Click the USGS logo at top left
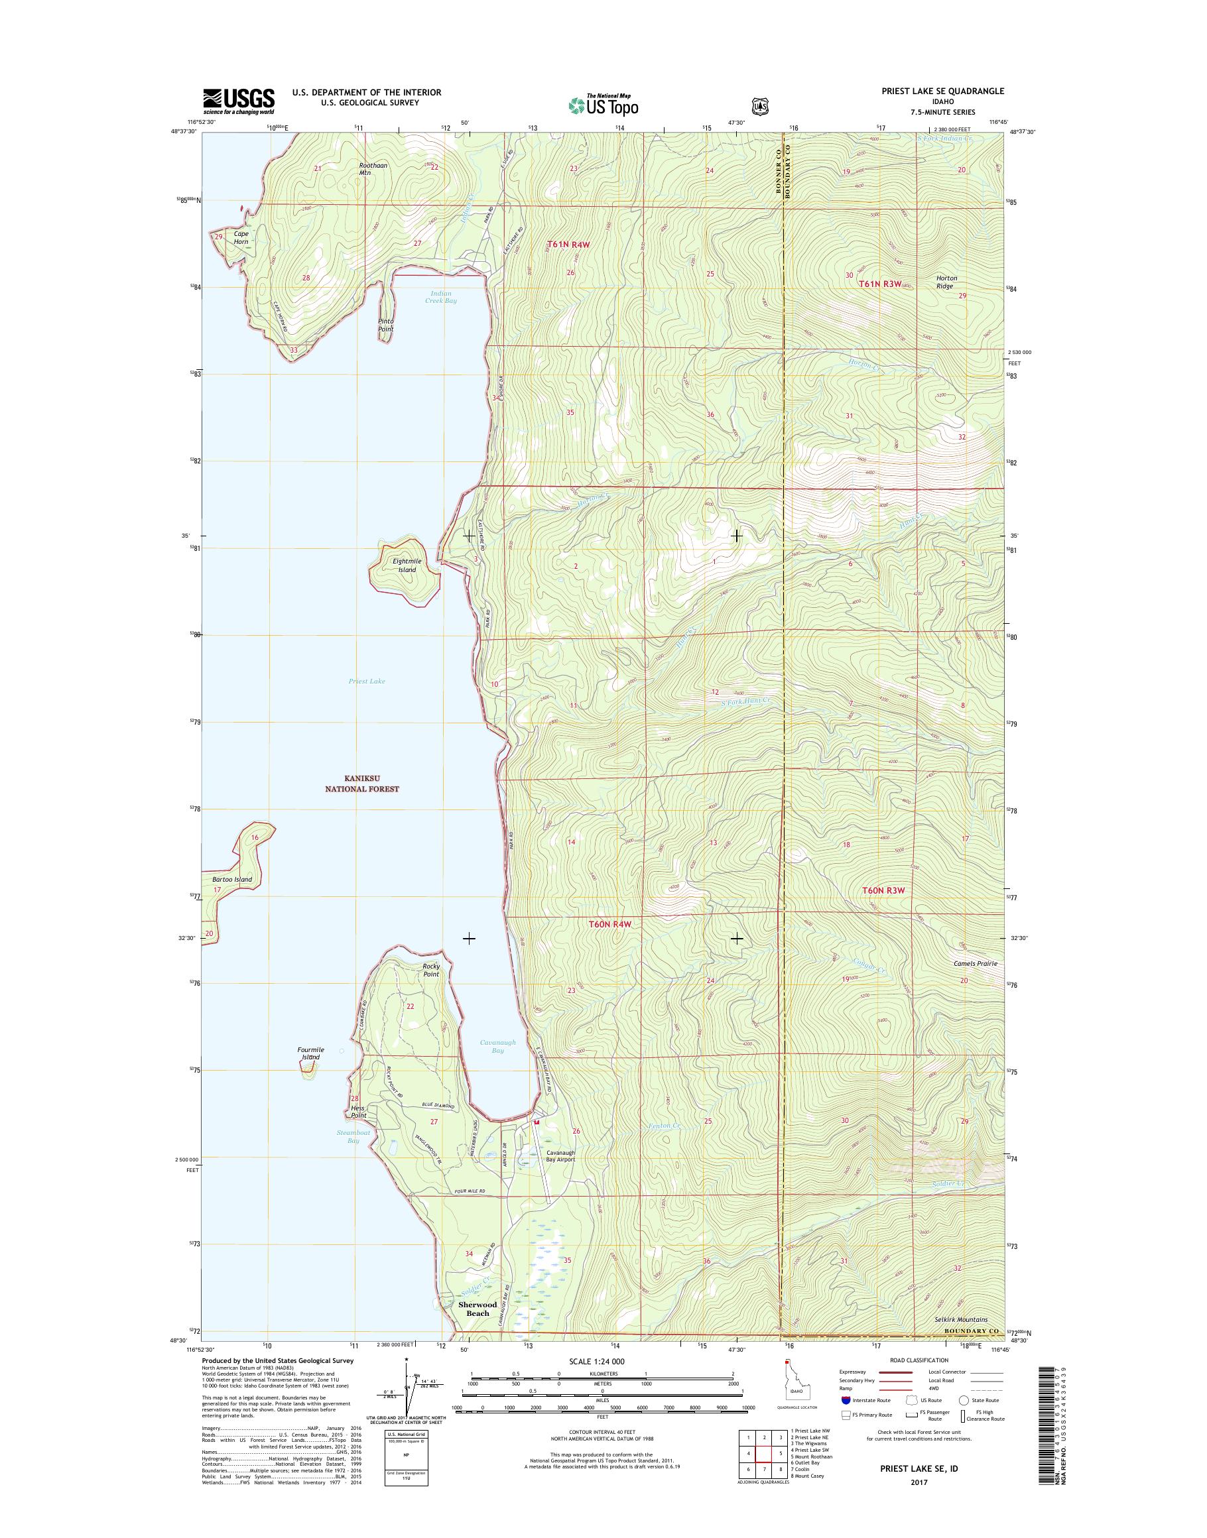[239, 101]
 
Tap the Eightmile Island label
[407, 565]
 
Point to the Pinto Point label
[385, 324]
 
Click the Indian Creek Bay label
[441, 297]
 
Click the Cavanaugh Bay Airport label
[560, 1155]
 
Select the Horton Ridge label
[946, 282]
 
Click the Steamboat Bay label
[353, 1136]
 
